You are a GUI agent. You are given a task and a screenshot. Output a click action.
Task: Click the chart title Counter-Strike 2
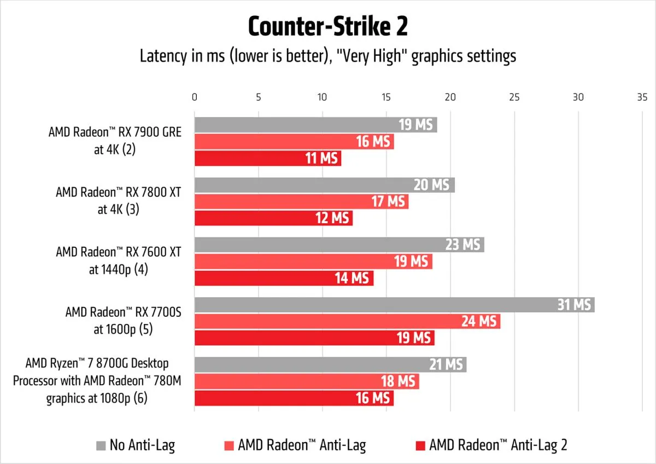(x=327, y=26)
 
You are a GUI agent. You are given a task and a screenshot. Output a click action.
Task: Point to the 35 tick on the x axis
(x=642, y=97)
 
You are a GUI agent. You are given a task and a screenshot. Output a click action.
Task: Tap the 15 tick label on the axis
(x=386, y=97)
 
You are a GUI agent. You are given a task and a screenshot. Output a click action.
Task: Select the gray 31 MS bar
(x=394, y=305)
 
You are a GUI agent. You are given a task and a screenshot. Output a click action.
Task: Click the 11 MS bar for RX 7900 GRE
(x=268, y=159)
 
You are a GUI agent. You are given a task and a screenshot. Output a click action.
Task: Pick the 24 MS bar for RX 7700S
(x=347, y=321)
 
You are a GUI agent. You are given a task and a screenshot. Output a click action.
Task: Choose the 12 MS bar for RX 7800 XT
(x=273, y=218)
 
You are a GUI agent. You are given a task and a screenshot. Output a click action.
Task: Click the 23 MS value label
(x=462, y=245)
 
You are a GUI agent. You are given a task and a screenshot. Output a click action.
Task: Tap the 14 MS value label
(x=352, y=279)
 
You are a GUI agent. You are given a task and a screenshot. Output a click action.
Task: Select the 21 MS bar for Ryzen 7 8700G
(x=330, y=364)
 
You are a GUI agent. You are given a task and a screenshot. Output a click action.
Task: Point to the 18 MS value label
(x=398, y=381)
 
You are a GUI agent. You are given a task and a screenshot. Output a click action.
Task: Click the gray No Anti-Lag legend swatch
(x=101, y=445)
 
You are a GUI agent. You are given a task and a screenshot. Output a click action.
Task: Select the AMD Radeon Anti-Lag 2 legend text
(x=498, y=445)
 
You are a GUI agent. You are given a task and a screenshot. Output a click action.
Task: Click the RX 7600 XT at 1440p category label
(x=118, y=260)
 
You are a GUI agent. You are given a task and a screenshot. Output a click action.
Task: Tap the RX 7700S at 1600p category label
(x=123, y=321)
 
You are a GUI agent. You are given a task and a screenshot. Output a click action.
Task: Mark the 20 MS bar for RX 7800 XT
(x=324, y=185)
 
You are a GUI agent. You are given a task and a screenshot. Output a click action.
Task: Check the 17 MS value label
(x=388, y=202)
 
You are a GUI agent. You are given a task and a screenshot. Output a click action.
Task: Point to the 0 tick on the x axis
(x=195, y=97)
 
